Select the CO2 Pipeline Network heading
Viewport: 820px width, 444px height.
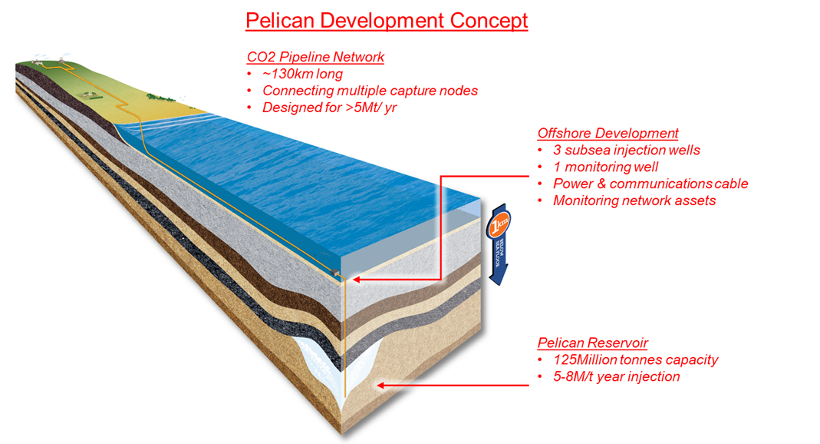point(315,57)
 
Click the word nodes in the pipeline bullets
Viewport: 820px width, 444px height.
point(459,91)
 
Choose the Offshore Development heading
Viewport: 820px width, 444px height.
point(608,133)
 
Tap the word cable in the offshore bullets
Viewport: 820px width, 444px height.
point(728,184)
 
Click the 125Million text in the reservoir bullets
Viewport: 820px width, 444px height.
point(588,360)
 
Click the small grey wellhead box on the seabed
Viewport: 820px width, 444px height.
point(339,272)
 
